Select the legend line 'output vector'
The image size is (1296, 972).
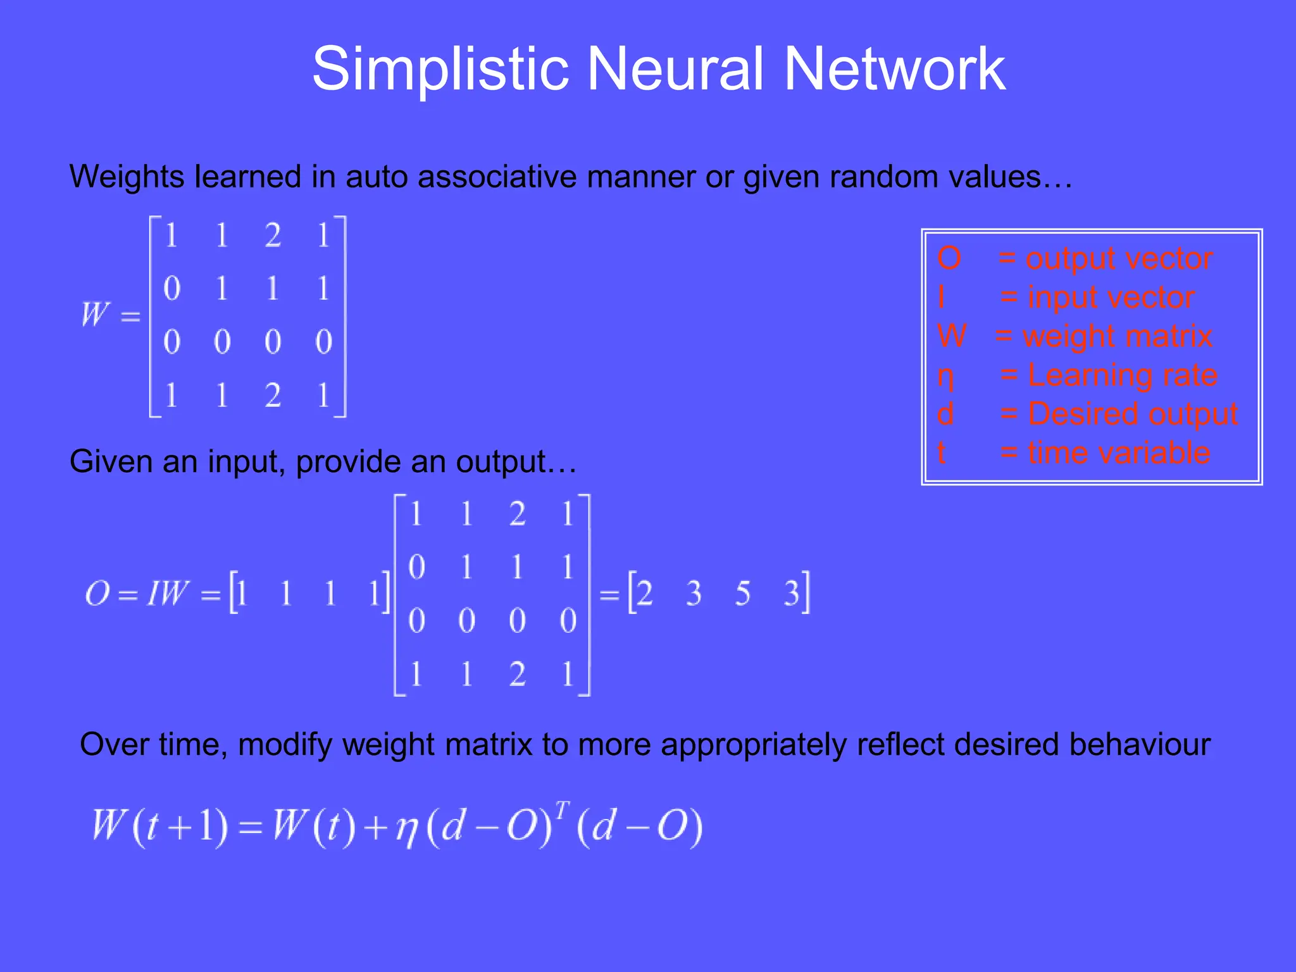[1118, 259]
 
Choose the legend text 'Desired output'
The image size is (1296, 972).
[1132, 414]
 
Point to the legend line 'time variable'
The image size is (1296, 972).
[1118, 453]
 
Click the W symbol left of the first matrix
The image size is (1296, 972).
[96, 314]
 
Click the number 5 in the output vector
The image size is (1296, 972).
[742, 594]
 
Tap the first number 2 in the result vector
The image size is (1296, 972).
[644, 594]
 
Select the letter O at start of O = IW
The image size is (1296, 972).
[97, 594]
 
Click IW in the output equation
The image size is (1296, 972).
[167, 594]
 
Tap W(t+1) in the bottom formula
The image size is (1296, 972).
[159, 826]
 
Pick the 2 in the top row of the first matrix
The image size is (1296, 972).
[273, 235]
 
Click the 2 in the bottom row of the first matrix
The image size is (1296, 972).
[273, 396]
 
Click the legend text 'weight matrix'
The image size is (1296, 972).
[1117, 336]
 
